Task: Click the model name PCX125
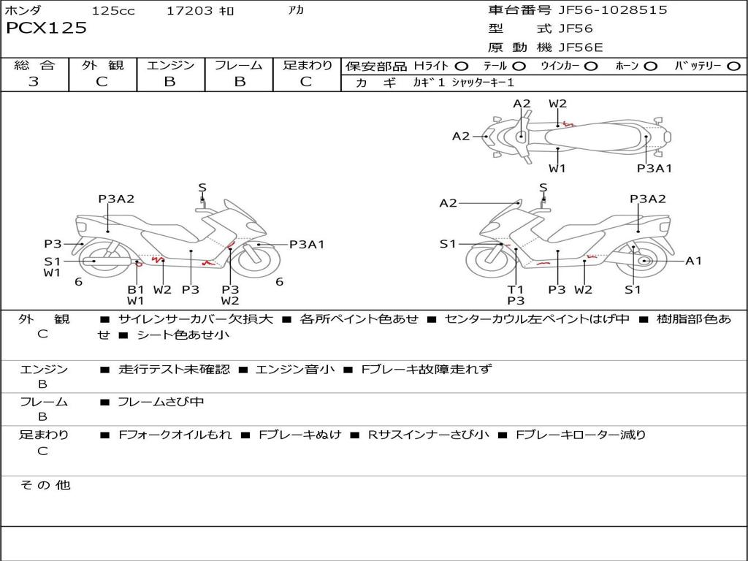[x=47, y=28]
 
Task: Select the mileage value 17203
[x=189, y=11]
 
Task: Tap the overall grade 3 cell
[x=34, y=82]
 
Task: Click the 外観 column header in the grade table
[x=102, y=66]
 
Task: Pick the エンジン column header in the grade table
[x=170, y=66]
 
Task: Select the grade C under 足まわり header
[x=306, y=82]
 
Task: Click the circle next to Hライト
[x=462, y=66]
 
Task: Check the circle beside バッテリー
[x=733, y=66]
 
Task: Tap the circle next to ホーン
[x=651, y=66]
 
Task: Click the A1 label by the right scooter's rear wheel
[x=693, y=261]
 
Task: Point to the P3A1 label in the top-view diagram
[x=654, y=168]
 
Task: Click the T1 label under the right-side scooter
[x=516, y=289]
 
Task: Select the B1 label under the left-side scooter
[x=136, y=289]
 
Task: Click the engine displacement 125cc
[x=113, y=11]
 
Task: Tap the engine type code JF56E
[x=581, y=47]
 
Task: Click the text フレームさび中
[x=161, y=402]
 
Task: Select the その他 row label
[x=45, y=485]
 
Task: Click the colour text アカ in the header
[x=296, y=11]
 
